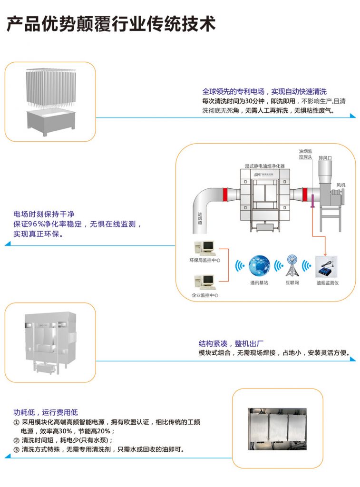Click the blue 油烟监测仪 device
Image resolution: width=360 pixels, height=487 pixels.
(327, 269)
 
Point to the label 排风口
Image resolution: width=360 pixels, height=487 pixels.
(325, 157)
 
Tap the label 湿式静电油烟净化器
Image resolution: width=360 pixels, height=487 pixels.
(264, 166)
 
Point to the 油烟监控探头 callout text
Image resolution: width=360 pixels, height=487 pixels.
(305, 153)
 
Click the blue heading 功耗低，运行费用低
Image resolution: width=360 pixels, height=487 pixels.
(45, 412)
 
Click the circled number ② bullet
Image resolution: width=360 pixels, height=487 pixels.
(17, 440)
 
